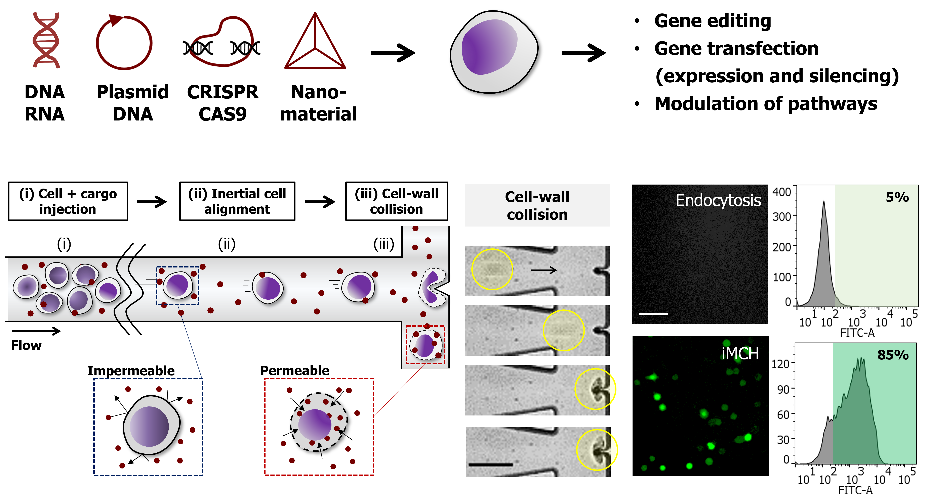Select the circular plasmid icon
pyautogui.click(x=124, y=43)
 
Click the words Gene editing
pyautogui.click(x=712, y=21)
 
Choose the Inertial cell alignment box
pyautogui.click(x=237, y=201)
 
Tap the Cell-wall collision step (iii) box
pyautogui.click(x=396, y=201)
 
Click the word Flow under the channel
pyautogui.click(x=26, y=345)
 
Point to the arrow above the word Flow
pyautogui.click(x=36, y=331)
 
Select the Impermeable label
pyautogui.click(x=131, y=370)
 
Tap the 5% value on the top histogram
pyautogui.click(x=897, y=197)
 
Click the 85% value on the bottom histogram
pyautogui.click(x=893, y=355)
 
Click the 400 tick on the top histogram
pyautogui.click(x=781, y=192)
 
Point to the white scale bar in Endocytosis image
pyautogui.click(x=653, y=314)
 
